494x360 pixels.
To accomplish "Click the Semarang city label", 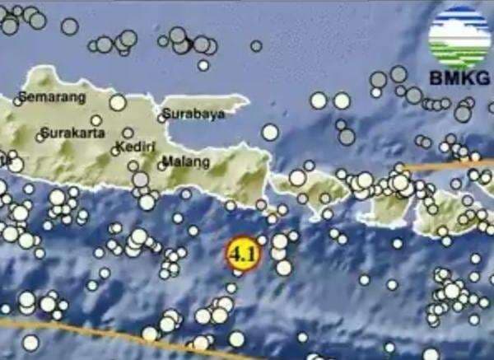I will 52,97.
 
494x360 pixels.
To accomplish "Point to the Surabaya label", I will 193,115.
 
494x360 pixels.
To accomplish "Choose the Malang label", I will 180,161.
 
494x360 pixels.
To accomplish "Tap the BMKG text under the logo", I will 459,80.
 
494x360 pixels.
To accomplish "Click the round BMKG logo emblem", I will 458,36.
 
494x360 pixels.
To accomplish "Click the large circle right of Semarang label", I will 117,102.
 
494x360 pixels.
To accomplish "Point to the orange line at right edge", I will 461,166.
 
